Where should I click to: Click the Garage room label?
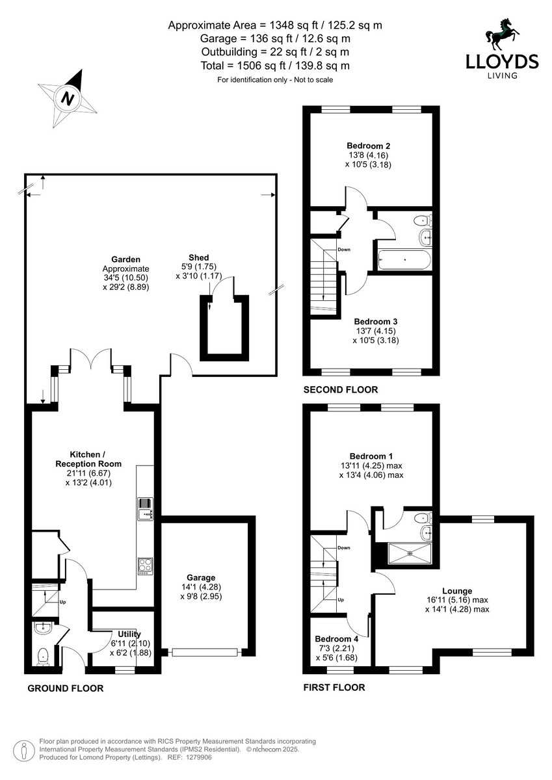201,578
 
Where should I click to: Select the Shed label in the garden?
199,257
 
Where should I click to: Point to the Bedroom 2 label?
369,146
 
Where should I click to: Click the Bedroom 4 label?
336,639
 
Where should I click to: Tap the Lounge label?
457,591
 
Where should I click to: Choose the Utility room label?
129,634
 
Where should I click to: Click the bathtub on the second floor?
404,260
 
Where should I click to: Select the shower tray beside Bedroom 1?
410,553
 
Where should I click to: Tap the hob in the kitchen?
145,566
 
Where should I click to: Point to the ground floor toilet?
43,656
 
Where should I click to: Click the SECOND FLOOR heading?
341,389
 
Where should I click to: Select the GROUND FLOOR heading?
66,688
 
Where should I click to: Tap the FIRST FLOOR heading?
334,688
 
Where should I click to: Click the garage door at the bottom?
205,652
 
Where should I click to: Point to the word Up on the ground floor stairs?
62,602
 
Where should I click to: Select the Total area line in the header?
275,66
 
